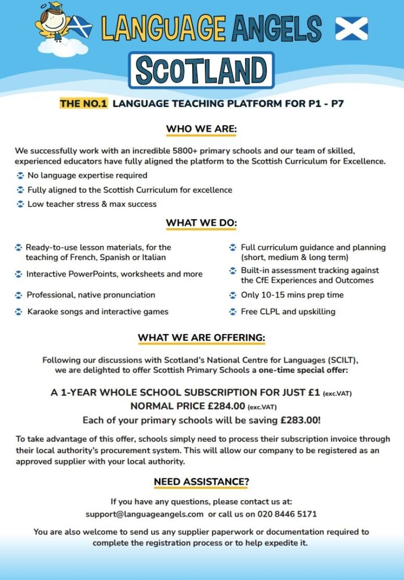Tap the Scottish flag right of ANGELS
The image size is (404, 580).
351,28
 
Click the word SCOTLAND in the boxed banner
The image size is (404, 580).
201,71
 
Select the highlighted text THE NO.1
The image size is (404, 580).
83,104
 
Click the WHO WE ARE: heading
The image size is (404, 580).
201,129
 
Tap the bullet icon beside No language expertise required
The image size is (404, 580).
20,176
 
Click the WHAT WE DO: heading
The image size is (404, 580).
201,223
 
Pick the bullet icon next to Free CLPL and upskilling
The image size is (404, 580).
233,312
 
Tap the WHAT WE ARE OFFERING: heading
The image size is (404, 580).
201,338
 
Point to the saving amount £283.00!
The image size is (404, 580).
300,420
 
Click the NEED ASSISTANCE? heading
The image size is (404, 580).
201,482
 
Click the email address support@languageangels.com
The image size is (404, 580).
144,514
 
